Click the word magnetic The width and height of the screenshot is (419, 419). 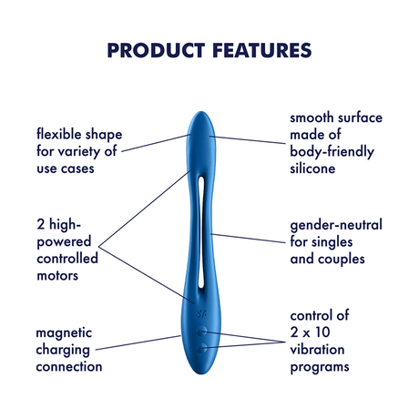point(65,333)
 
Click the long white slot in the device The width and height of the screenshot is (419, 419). point(202,228)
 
